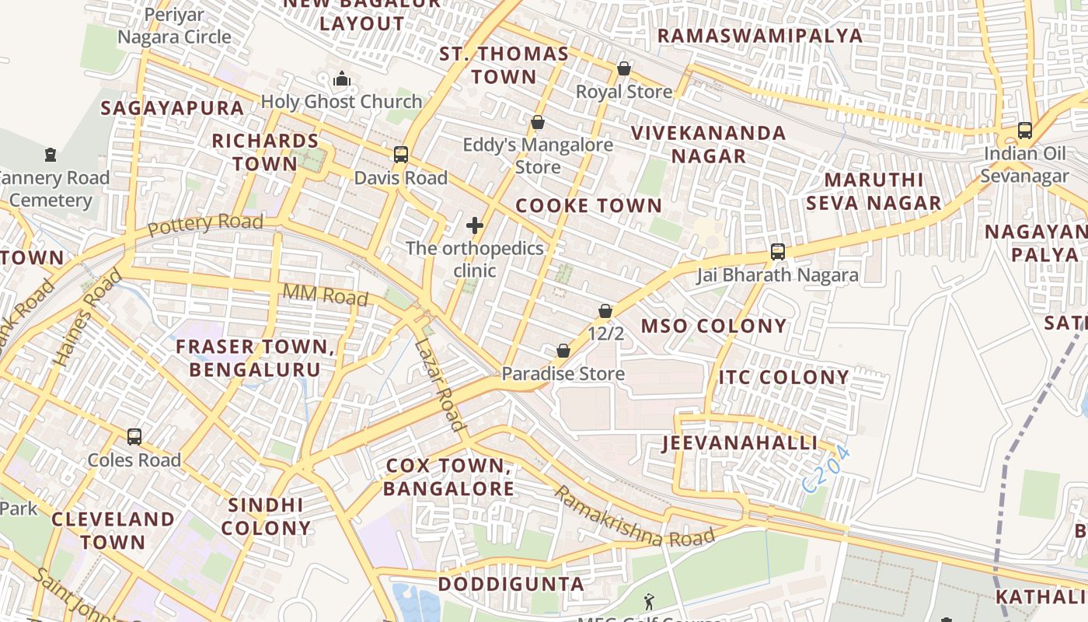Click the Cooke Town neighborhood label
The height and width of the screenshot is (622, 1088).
[588, 206]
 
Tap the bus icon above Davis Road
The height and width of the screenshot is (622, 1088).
[401, 154]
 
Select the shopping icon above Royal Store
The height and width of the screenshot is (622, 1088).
[623, 68]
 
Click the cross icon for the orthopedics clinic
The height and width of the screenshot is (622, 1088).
[475, 225]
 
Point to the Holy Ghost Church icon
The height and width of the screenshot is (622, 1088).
[341, 79]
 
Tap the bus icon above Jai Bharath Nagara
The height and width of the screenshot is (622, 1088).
[777, 251]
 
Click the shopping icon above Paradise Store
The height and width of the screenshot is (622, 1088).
[563, 351]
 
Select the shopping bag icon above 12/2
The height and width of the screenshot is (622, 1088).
[605, 311]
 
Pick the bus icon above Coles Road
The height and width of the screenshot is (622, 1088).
[134, 436]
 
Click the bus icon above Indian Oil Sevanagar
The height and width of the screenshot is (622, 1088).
[1024, 130]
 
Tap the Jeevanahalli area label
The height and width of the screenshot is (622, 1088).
[740, 443]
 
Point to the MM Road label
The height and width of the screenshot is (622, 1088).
[326, 295]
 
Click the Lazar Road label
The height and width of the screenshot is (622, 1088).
[439, 385]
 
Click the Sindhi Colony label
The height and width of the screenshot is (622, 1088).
[266, 516]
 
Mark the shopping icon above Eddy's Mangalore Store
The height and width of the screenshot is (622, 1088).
[537, 122]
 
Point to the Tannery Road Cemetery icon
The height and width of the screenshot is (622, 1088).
[51, 154]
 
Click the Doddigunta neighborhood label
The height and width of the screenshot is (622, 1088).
[511, 584]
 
